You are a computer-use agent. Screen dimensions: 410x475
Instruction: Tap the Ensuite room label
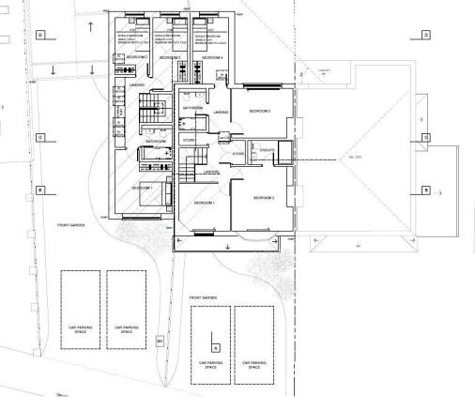tap(266, 149)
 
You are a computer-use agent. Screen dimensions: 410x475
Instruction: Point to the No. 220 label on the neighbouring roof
tap(355, 156)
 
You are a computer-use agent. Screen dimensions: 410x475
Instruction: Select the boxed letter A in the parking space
tap(215, 347)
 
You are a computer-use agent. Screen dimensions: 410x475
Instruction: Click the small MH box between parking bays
tap(160, 340)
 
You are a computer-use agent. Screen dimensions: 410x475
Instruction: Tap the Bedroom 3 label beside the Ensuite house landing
tap(260, 112)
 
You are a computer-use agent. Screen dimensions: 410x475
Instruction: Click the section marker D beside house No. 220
tap(425, 35)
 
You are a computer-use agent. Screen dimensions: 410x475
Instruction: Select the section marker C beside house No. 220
tap(425, 137)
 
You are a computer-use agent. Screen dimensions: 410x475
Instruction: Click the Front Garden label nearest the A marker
tap(203, 297)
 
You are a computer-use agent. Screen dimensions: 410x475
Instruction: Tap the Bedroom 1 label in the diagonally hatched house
tap(141, 189)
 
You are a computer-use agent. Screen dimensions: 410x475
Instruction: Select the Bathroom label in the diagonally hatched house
tap(143, 142)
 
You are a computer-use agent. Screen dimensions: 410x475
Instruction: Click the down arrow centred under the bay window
tap(227, 246)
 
